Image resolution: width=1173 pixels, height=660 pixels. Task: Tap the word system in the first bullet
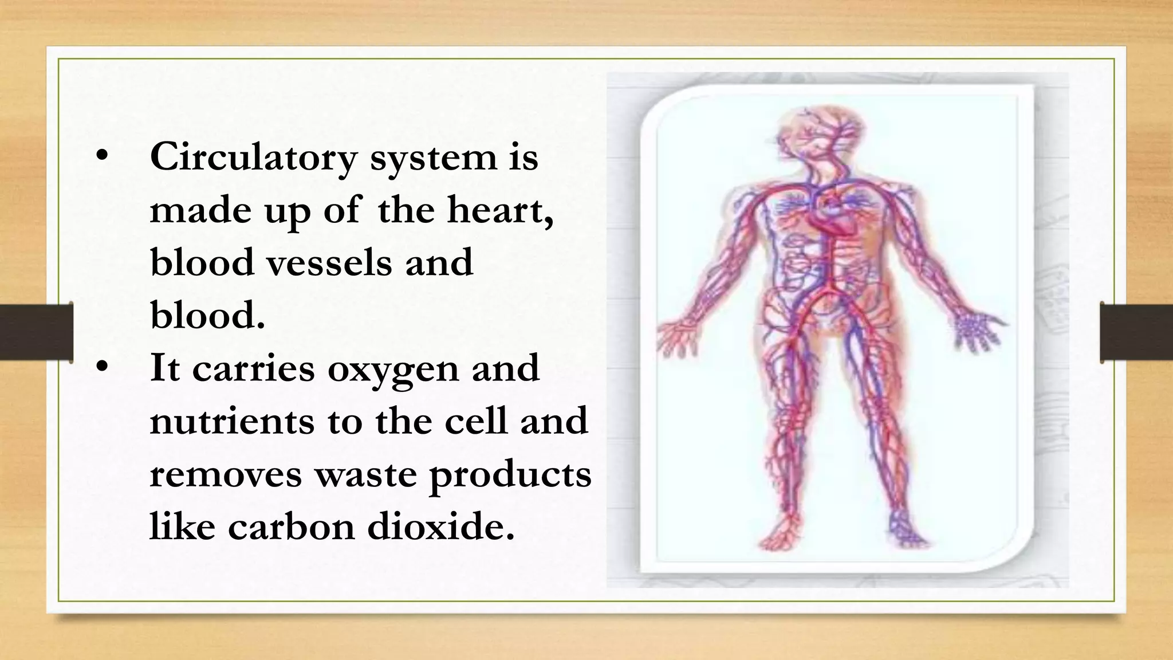(434, 157)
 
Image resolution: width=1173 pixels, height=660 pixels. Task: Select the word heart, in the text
(501, 210)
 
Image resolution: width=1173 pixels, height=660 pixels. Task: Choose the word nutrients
(231, 421)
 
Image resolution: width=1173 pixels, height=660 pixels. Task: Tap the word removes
(225, 474)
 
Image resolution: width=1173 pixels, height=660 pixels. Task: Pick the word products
(510, 474)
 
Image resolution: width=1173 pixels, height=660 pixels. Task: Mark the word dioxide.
(440, 527)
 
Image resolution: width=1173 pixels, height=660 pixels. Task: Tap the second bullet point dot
(102, 367)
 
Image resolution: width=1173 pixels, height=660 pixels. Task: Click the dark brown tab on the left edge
(36, 332)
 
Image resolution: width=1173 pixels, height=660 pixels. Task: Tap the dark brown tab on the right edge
(1136, 332)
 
